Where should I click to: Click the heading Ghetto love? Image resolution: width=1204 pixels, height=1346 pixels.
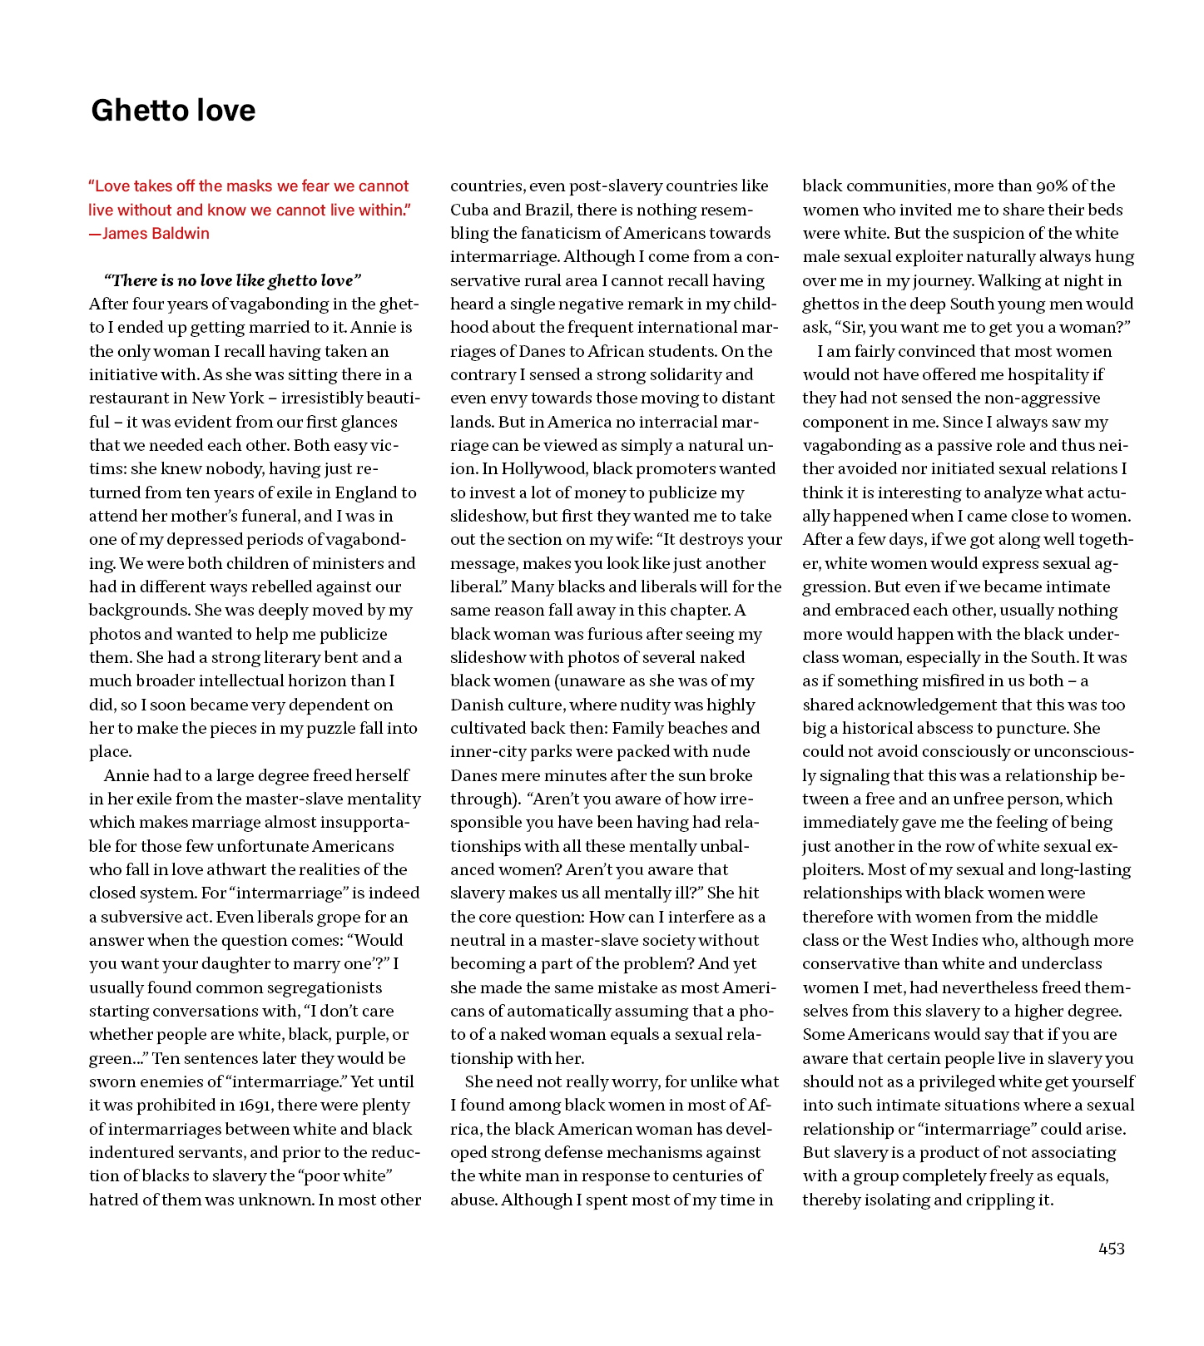coord(173,111)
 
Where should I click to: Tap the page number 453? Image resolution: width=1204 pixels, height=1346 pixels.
coord(1112,1249)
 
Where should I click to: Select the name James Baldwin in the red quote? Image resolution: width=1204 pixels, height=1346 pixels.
coord(156,234)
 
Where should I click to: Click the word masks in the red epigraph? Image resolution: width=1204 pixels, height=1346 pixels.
coord(225,186)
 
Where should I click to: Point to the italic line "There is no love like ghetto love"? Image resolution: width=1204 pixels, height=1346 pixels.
coord(232,280)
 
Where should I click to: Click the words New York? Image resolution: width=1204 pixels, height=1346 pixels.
coord(227,398)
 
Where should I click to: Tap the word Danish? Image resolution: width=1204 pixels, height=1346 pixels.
coord(477,705)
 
